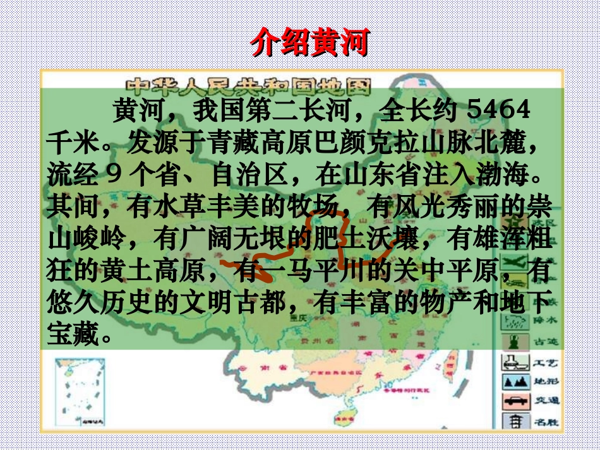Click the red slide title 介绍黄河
pos(309,42)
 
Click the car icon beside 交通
pos(515,401)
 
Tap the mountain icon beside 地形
pos(515,382)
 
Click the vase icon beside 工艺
pos(515,362)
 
